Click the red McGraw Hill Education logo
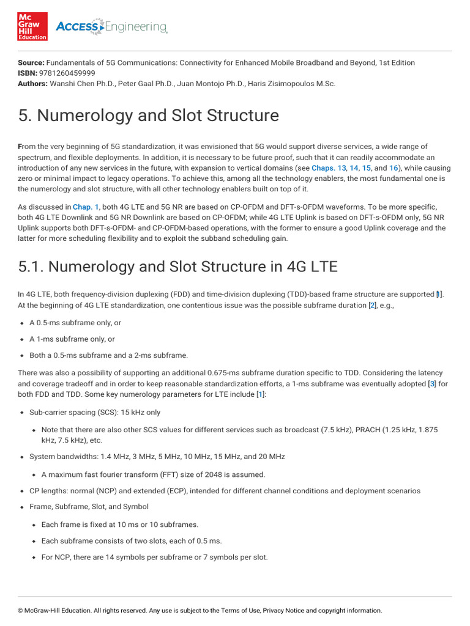pos(32,26)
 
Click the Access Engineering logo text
pos(111,26)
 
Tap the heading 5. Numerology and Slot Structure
pos(148,116)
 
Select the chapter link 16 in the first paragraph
pos(394,168)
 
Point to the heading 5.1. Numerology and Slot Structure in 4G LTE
pos(177,267)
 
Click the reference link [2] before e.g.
pos(372,305)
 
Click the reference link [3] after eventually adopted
pos(431,384)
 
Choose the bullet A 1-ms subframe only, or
pos(72,339)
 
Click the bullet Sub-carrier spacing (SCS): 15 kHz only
pos(95,413)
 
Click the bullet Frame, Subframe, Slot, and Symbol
pos(89,507)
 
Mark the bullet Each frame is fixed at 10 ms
pos(120,524)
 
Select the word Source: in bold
pos(31,62)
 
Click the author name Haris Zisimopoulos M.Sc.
pos(291,83)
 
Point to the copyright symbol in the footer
pos(20,610)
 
